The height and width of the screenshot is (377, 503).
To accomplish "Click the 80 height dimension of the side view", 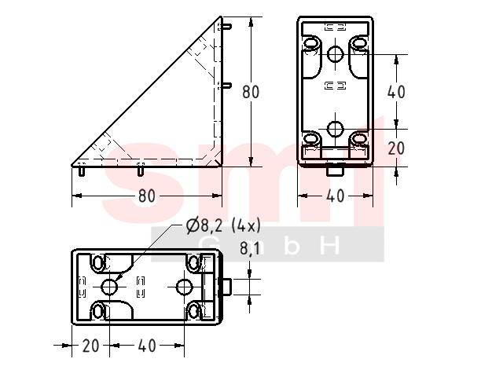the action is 251,92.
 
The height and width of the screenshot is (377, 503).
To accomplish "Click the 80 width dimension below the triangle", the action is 147,196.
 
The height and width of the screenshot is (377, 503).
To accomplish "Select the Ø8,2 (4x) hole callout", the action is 223,225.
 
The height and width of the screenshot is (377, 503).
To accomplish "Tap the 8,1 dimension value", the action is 250,248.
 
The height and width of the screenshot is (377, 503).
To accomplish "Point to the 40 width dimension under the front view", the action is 336,196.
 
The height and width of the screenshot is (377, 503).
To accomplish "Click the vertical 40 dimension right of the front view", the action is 396,92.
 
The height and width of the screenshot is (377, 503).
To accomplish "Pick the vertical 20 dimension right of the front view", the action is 396,148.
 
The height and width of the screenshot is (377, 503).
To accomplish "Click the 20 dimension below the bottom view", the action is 91,346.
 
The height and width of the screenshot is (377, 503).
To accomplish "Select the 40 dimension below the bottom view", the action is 147,346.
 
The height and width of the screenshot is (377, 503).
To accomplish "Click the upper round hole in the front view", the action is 336,54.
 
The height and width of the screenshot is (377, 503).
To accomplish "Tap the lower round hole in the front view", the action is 336,129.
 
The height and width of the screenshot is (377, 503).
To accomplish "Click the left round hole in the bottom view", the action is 109,287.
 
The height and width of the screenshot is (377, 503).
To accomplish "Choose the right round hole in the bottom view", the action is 185,287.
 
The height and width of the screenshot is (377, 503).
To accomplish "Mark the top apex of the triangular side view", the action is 221,16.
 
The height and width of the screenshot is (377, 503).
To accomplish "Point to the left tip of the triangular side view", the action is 72,166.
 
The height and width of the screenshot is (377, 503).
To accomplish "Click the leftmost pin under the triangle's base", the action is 82,171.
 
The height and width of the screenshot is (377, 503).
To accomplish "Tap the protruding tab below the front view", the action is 336,170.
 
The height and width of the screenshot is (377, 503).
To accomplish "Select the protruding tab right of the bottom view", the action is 226,287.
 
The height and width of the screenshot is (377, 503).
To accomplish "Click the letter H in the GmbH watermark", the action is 330,246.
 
